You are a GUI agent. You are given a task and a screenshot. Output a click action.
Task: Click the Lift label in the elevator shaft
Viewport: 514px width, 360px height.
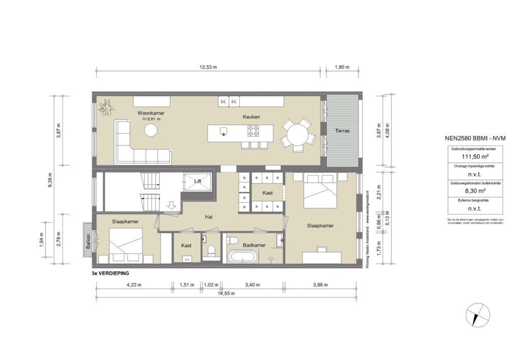pos(198,181)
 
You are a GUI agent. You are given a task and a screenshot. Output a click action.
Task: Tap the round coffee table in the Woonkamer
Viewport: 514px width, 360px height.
pos(151,131)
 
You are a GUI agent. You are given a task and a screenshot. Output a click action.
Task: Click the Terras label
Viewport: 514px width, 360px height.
pos(343,131)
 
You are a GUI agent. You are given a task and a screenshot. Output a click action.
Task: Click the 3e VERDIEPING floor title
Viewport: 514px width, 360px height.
pos(108,274)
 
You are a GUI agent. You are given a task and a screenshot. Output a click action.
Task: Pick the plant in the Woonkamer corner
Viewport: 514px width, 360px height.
pos(106,105)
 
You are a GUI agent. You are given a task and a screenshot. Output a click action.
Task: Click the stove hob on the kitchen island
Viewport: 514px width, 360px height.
pos(252,131)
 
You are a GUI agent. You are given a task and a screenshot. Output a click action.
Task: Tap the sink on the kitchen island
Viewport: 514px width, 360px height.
pos(223,131)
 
